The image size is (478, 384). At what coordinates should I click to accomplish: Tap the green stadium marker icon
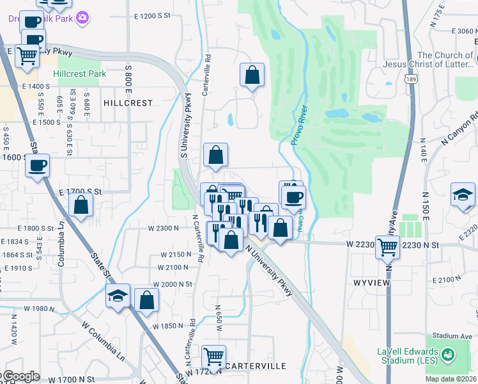click(x=448, y=353)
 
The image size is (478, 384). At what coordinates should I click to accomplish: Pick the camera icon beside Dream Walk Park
click(x=82, y=19)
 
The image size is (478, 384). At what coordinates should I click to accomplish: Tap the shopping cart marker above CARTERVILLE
click(x=213, y=356)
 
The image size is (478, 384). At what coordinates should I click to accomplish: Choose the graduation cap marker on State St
click(x=118, y=296)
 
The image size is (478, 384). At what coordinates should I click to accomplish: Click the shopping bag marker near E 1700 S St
click(x=81, y=205)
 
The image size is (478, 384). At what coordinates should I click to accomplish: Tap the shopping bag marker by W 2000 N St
click(x=147, y=299)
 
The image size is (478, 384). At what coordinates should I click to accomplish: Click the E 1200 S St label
click(x=153, y=15)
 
